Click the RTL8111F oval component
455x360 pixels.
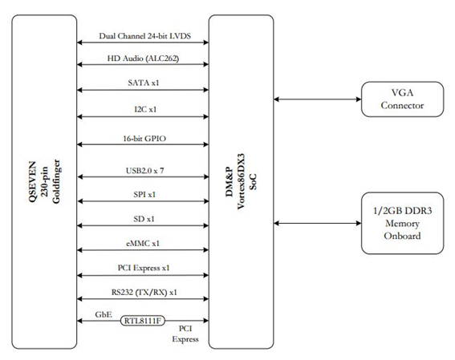click(x=143, y=321)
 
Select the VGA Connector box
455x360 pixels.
click(x=402, y=99)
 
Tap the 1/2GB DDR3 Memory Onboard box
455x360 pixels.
click(x=402, y=223)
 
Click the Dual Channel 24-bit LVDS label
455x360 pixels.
click(x=144, y=36)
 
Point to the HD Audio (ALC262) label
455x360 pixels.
click(x=143, y=59)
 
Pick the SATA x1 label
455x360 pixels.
click(x=144, y=83)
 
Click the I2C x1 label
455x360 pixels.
click(x=145, y=109)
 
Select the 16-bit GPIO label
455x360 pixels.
click(x=144, y=139)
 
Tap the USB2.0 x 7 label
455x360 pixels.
click(x=144, y=171)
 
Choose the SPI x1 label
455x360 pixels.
click(x=144, y=195)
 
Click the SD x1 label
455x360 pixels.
click(x=144, y=219)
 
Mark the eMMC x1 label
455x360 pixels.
click(x=143, y=244)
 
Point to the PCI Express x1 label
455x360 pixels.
click(x=144, y=268)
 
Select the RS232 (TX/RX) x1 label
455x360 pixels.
click(x=144, y=292)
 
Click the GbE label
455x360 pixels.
click(x=104, y=314)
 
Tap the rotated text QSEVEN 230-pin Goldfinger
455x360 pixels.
click(x=44, y=182)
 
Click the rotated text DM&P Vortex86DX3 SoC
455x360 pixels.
click(x=241, y=181)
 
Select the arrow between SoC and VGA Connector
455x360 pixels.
click(x=318, y=99)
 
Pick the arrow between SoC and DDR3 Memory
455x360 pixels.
click(x=318, y=223)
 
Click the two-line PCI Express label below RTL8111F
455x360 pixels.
click(x=185, y=334)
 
